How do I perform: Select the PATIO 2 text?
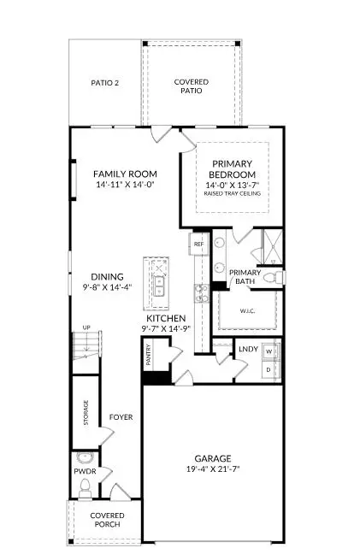coord(104,83)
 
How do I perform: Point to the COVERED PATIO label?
coord(191,86)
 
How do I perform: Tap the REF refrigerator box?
coord(198,245)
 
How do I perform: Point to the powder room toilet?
coord(85,488)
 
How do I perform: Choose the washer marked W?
coord(269,351)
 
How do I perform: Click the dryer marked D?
coord(269,369)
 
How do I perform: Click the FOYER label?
coord(121,418)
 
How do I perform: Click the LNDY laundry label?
coord(248,349)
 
